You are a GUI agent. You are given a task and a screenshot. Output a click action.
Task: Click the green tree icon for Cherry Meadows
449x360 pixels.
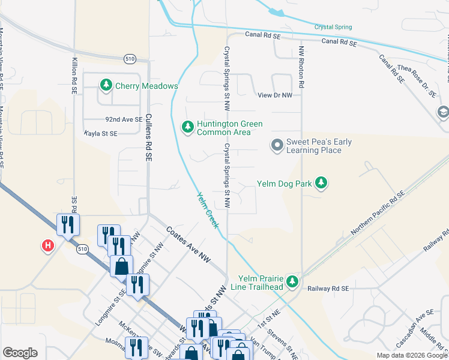[x=106, y=86]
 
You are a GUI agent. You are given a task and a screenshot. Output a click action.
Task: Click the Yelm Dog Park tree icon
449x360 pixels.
[x=321, y=183]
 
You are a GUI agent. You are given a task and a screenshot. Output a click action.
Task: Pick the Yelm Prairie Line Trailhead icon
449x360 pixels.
[x=292, y=281]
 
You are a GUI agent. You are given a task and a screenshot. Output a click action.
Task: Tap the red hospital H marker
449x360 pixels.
[x=47, y=245]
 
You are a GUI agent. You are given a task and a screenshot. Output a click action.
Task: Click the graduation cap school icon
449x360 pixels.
[x=443, y=112]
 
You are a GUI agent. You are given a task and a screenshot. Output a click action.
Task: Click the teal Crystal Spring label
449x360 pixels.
[x=333, y=27]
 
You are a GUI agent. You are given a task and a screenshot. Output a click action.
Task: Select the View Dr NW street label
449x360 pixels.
[x=274, y=95]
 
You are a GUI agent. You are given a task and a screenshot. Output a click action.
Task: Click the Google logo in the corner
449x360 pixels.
[x=20, y=353]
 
